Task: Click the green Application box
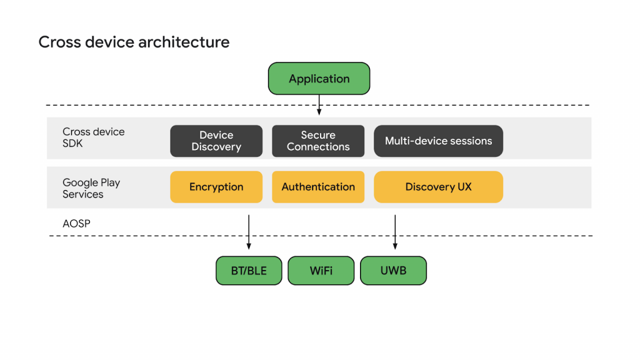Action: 319,79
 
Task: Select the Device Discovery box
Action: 216,141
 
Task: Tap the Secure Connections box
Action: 318,141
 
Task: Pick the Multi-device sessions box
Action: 438,141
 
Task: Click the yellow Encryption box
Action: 216,187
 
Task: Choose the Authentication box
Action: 318,187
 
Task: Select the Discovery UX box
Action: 438,187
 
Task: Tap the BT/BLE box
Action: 249,271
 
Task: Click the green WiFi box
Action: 321,271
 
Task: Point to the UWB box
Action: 393,271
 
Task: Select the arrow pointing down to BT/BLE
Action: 249,232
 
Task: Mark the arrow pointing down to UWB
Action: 395,232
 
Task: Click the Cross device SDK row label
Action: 93,137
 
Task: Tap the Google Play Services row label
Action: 91,188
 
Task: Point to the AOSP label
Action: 76,223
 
